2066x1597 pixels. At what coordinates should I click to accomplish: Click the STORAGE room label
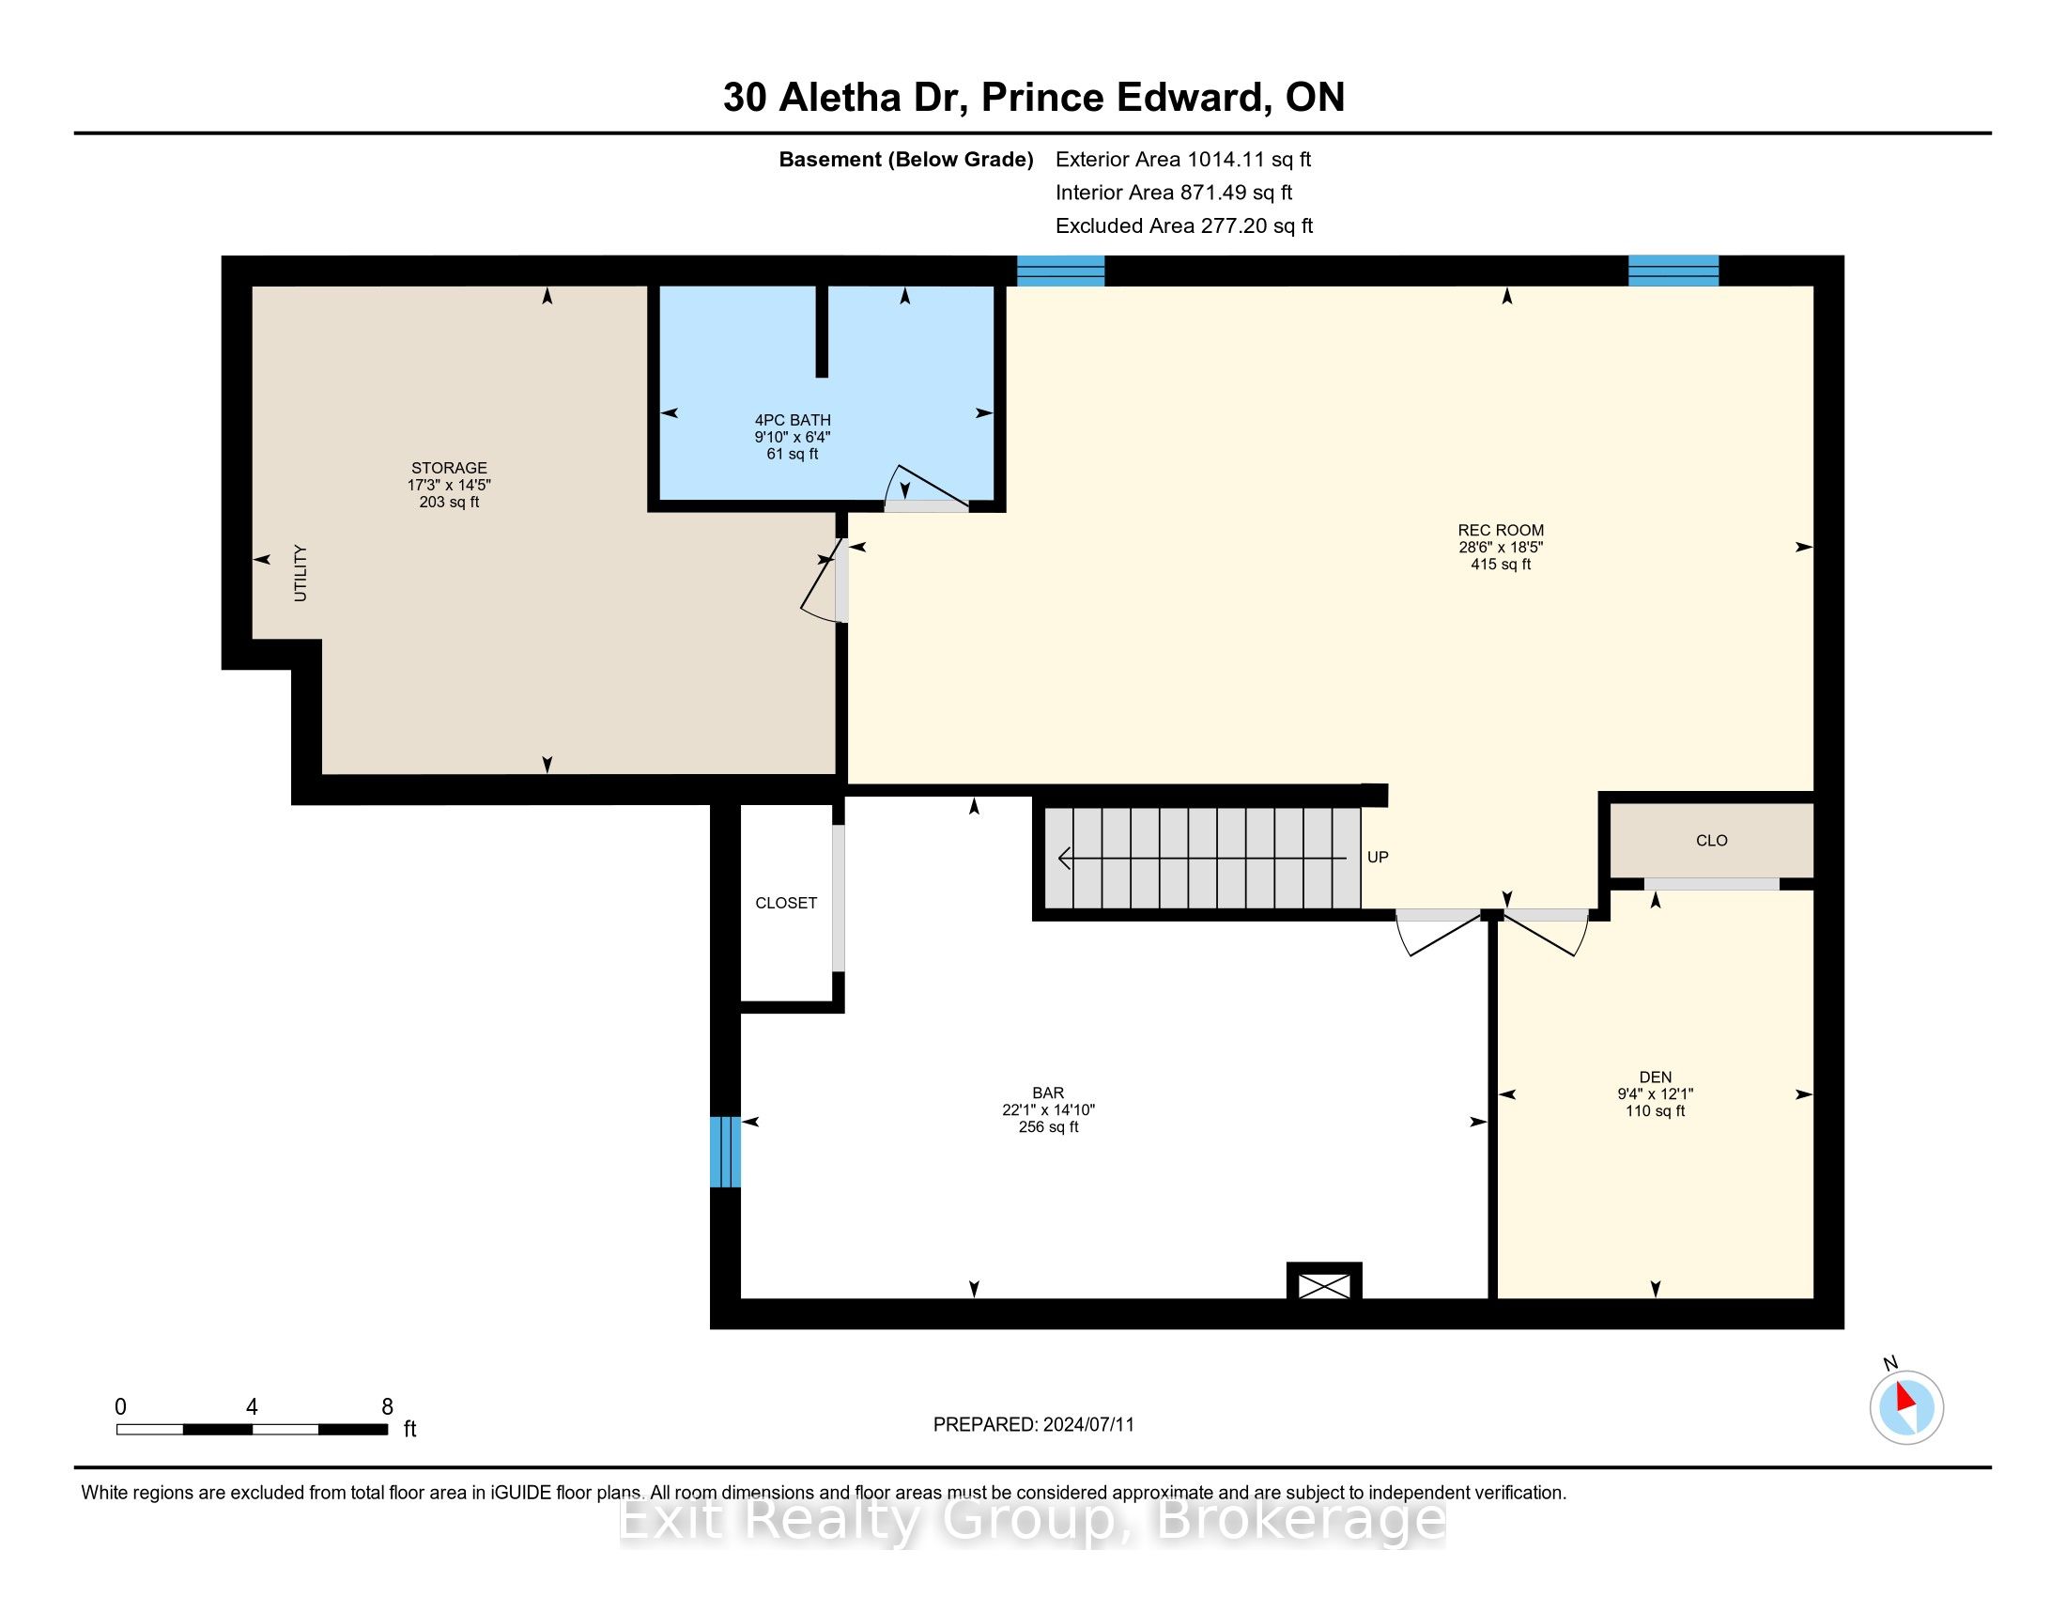[x=449, y=468]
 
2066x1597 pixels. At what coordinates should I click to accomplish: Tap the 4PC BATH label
[x=793, y=420]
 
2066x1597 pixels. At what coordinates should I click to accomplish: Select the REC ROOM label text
[x=1501, y=530]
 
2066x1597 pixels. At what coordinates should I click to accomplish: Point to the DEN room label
[x=1656, y=1077]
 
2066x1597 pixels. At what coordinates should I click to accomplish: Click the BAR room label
[x=1048, y=1093]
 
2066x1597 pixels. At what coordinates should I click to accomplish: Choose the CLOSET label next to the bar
[x=786, y=903]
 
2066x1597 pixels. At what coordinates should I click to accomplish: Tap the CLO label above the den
[x=1712, y=840]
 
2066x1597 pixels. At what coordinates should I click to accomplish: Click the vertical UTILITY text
[x=301, y=572]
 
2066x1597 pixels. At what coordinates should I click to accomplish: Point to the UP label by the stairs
[x=1378, y=857]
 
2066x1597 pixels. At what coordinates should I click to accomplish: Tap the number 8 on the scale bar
[x=387, y=1407]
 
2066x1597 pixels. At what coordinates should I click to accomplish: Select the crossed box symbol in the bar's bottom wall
[x=1324, y=1285]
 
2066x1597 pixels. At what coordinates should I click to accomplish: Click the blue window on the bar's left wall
[x=726, y=1152]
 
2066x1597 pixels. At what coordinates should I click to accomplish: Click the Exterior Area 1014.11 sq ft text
[x=1183, y=159]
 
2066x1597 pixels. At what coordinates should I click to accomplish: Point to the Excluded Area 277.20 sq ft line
[x=1184, y=225]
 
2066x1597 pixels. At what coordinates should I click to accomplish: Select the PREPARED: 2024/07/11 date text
[x=1033, y=1425]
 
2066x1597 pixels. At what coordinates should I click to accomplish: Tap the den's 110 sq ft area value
[x=1656, y=1110]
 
